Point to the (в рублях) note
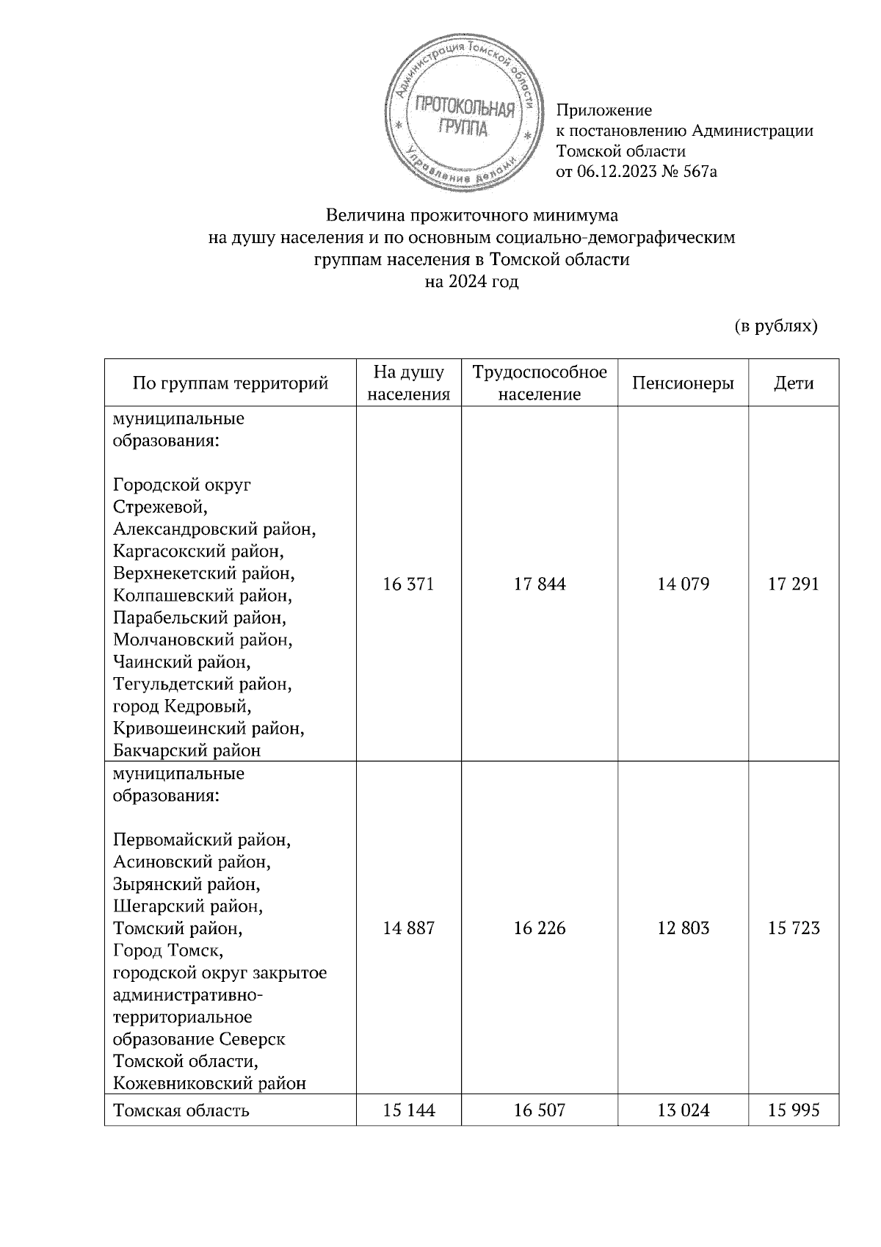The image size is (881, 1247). point(775,325)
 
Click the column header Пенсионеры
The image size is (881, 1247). point(683,383)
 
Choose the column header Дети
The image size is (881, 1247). point(794,383)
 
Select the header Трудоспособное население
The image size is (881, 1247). point(540,383)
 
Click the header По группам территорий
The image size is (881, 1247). point(230,383)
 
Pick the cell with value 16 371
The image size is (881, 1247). point(409,585)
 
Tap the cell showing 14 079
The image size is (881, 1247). point(683,585)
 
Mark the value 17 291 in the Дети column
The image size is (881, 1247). point(794,585)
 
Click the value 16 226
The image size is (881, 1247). point(540,928)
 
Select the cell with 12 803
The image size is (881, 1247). point(683,928)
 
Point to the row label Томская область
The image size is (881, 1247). point(181,1110)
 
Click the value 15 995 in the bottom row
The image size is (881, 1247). point(794,1110)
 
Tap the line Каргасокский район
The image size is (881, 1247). point(198,551)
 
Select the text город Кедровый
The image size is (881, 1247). point(182,706)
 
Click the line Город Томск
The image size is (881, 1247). point(167,951)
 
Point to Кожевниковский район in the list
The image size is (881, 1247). point(209,1083)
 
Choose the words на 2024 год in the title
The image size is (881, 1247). point(472,282)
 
